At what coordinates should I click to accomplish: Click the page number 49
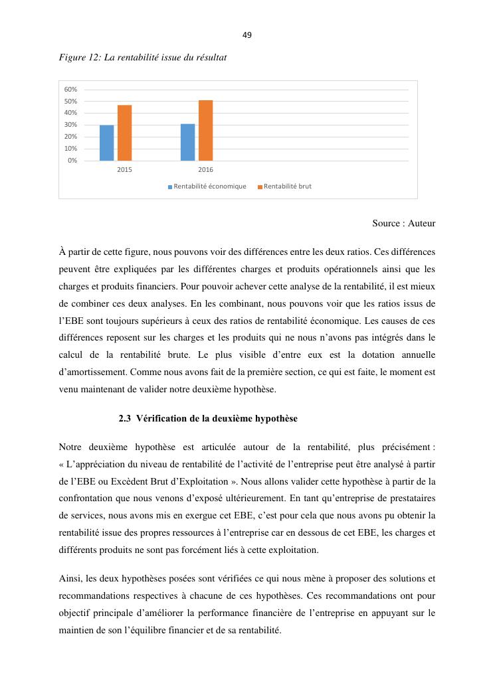(x=247, y=35)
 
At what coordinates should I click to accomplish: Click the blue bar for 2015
(x=106, y=143)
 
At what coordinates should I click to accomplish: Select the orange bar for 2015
(x=124, y=133)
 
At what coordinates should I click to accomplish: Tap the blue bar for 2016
(x=187, y=142)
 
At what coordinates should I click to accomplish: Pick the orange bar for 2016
(x=205, y=130)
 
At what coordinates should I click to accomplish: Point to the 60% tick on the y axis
(x=71, y=89)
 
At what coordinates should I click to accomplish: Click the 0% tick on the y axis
(x=72, y=161)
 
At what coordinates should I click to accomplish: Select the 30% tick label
(x=71, y=125)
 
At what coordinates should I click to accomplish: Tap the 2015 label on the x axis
(x=124, y=171)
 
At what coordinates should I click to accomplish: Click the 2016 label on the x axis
(x=205, y=171)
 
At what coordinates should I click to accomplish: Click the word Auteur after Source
(x=421, y=224)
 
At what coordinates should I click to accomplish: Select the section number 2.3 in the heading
(x=125, y=419)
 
